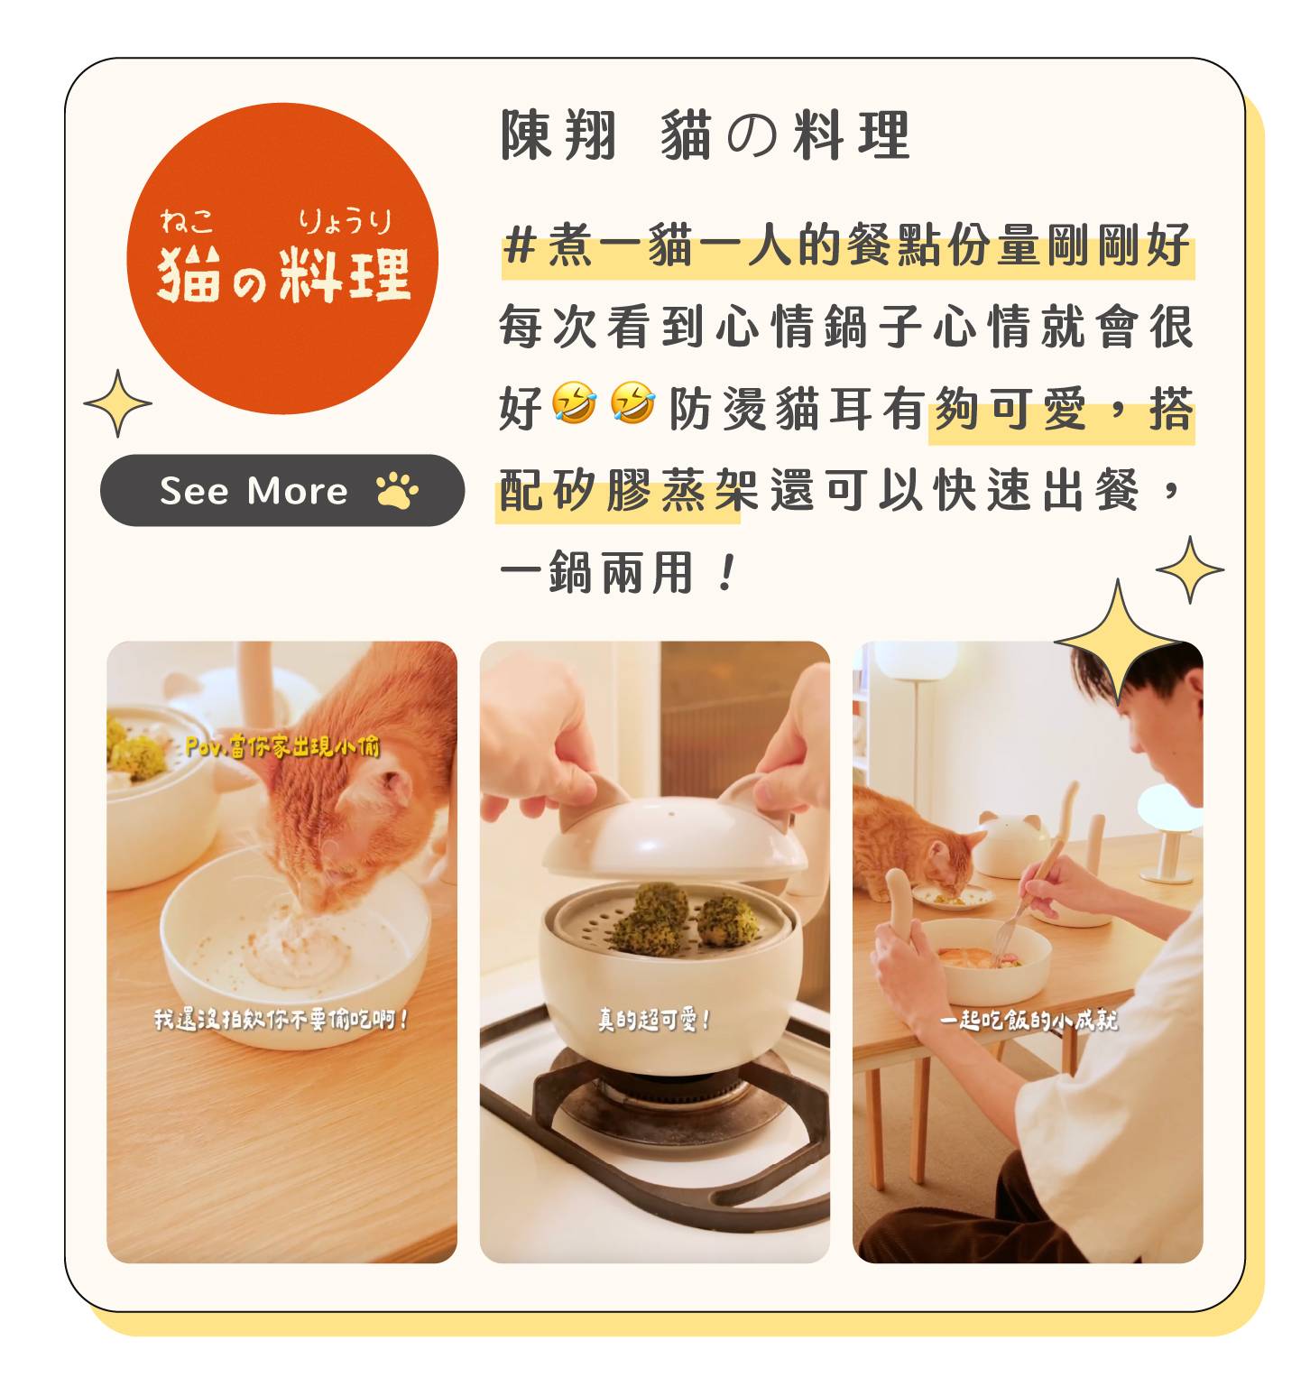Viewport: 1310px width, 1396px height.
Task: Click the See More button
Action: [x=281, y=490]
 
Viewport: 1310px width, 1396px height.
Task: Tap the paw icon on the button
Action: [x=397, y=490]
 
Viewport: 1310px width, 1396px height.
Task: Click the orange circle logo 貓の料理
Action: [x=282, y=259]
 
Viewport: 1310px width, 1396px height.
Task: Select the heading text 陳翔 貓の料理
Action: [x=706, y=135]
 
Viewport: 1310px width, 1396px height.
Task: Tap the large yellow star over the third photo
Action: [x=1118, y=643]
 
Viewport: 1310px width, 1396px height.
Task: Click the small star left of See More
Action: [x=117, y=403]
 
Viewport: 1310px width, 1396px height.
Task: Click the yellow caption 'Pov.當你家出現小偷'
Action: [x=282, y=746]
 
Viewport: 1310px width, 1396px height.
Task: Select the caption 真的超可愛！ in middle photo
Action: [x=654, y=1020]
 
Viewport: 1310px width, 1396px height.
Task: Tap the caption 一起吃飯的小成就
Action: [x=1029, y=1020]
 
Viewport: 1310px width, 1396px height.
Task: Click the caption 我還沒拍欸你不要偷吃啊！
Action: [x=282, y=1020]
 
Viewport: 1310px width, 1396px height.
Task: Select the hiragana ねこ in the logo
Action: [x=188, y=220]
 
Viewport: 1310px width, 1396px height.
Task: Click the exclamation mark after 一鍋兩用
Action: [x=727, y=573]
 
